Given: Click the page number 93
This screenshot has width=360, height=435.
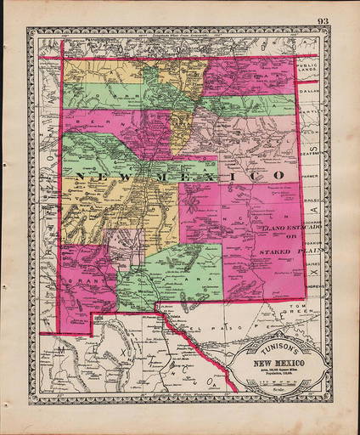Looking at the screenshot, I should point(323,20).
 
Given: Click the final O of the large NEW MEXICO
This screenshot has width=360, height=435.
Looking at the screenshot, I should point(278,174).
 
